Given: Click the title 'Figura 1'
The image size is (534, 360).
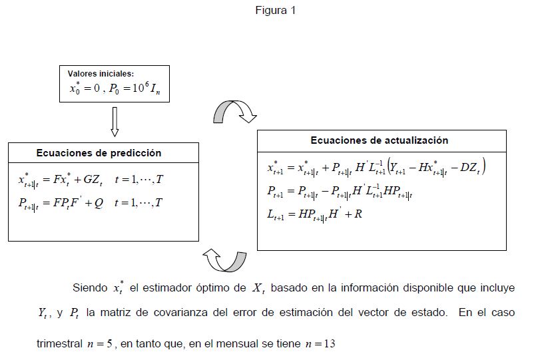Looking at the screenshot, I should click(274, 10).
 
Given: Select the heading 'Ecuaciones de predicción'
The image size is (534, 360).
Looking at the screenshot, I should click(99, 152).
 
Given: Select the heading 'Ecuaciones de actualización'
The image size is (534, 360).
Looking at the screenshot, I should click(379, 140).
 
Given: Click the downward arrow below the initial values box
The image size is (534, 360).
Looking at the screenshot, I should click(114, 121).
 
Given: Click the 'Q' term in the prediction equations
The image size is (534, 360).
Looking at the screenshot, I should click(99, 203).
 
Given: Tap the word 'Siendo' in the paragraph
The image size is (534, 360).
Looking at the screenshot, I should click(90, 288).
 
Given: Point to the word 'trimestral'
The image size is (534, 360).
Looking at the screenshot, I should click(58, 345).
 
